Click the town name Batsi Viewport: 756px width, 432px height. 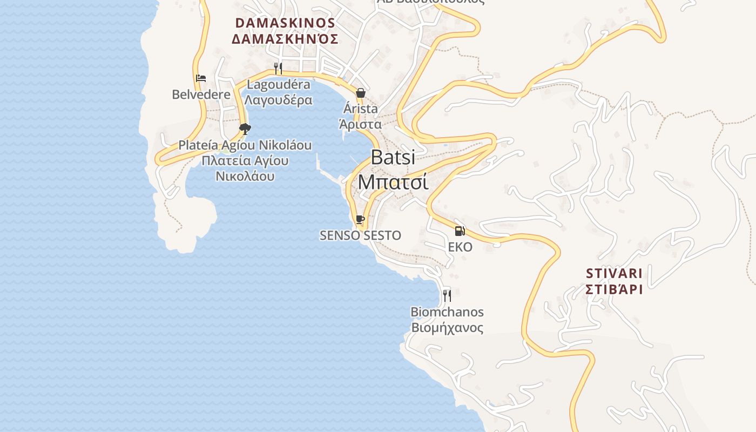tap(393, 157)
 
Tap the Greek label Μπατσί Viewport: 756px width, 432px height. tap(393, 182)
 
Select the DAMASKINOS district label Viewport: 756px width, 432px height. tap(285, 23)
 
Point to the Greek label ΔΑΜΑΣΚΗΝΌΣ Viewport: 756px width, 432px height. tap(285, 39)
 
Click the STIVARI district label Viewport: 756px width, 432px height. tap(614, 273)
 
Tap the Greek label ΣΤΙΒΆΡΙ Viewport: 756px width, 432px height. tap(614, 289)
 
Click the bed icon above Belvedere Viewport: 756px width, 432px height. tap(201, 78)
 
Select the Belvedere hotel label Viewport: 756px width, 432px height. tap(201, 94)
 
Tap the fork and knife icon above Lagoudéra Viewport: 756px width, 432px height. tap(278, 69)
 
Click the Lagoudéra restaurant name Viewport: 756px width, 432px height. tap(278, 85)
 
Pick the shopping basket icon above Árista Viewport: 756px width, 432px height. tap(360, 93)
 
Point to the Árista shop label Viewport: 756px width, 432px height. tap(360, 109)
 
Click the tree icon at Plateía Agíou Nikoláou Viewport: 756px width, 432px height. tap(245, 129)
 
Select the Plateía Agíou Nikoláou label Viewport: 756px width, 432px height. tap(245, 145)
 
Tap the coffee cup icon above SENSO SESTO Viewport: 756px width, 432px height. tap(360, 219)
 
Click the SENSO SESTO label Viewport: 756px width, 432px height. tap(360, 235)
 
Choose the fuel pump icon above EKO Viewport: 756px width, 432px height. tap(460, 231)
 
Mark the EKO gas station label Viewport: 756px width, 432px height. tap(460, 247)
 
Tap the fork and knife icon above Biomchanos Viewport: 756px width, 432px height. tap(447, 295)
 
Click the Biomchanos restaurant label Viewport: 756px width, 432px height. tap(447, 312)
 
